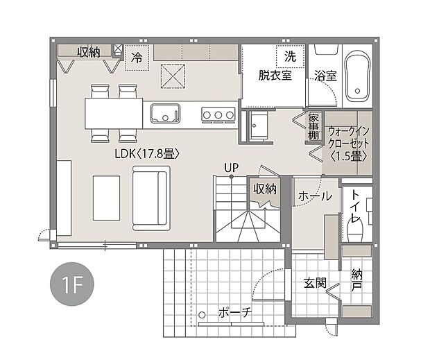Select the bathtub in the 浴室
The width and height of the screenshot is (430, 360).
pyautogui.click(x=357, y=74)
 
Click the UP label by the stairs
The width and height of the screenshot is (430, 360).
pyautogui.click(x=230, y=167)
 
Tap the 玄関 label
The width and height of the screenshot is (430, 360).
pyautogui.click(x=315, y=284)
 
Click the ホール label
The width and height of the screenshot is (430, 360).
pyautogui.click(x=314, y=197)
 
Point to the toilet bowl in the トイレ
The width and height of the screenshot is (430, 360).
pyautogui.click(x=356, y=233)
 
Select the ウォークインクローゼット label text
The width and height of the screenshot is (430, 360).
pyautogui.click(x=348, y=143)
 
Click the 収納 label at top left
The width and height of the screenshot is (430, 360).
pyautogui.click(x=88, y=51)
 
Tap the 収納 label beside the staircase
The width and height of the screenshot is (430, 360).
pyautogui.click(x=265, y=189)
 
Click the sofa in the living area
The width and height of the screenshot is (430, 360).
pyautogui.click(x=150, y=199)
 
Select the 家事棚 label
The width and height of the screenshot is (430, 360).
pyautogui.click(x=313, y=127)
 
